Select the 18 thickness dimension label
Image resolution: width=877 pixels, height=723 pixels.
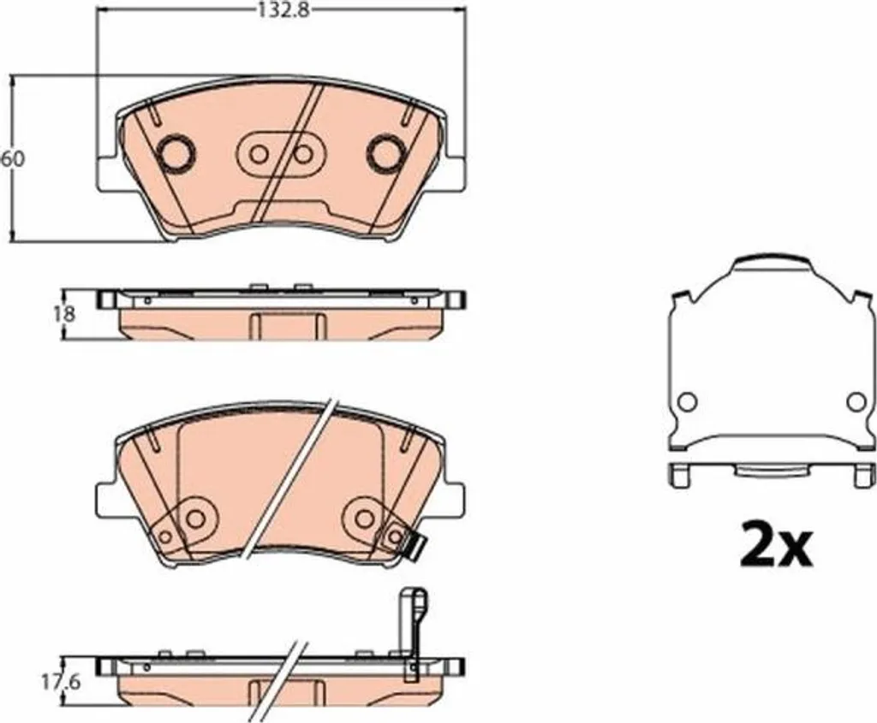tap(65, 314)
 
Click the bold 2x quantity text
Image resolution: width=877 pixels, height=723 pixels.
tap(775, 543)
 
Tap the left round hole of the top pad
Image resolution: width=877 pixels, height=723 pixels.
tap(176, 152)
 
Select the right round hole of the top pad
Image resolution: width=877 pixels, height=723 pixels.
tap(385, 152)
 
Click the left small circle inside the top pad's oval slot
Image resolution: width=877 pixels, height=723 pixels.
tap(259, 154)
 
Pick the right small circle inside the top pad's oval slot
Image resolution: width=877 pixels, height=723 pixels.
tap(302, 154)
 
